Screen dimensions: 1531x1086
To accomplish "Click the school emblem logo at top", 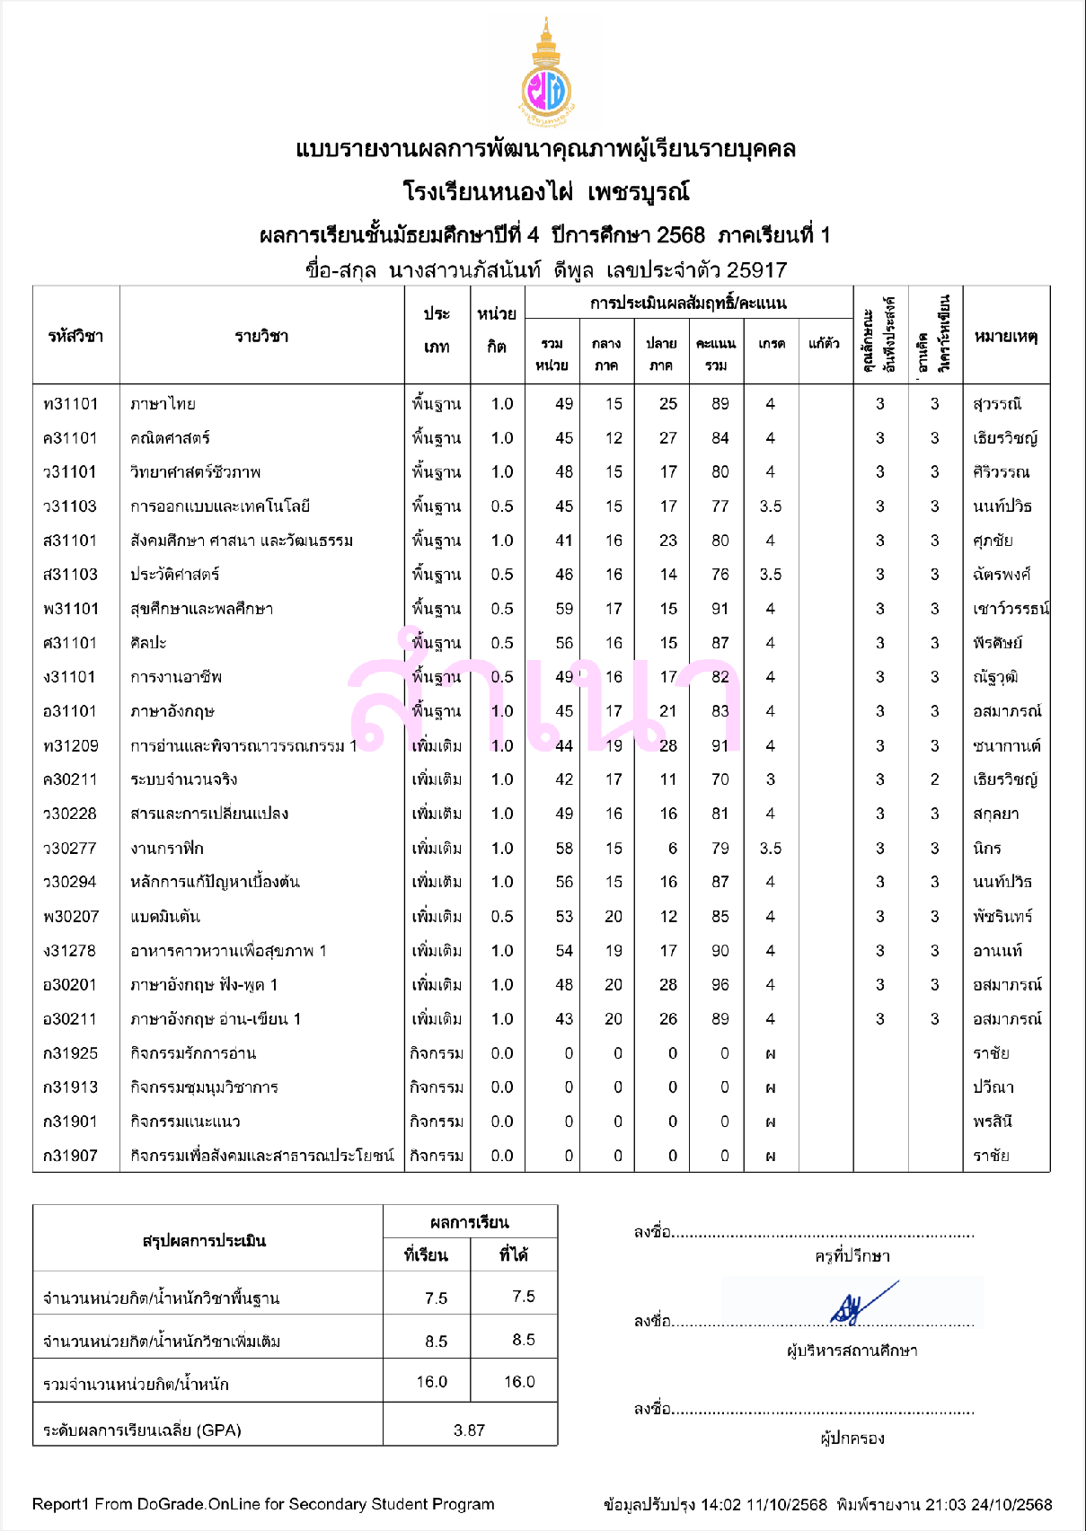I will (545, 76).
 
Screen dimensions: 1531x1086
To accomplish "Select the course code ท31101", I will (70, 404).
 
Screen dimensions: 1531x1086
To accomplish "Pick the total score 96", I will (720, 985).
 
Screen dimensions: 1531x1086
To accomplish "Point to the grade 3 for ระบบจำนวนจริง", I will (770, 779).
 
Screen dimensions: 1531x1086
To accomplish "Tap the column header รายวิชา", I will (261, 337).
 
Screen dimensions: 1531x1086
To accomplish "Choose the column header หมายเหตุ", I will (1006, 337).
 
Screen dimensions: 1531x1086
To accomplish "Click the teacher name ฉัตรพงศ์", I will (1002, 575).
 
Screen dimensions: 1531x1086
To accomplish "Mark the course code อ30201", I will (70, 985).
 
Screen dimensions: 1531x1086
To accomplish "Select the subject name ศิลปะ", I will (148, 643).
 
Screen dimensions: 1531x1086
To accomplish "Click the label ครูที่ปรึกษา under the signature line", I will (852, 1256).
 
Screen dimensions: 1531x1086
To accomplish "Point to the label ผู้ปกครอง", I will (852, 1439).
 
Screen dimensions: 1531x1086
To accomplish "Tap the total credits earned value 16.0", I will (519, 1382).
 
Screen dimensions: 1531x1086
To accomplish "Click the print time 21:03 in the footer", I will (944, 1505).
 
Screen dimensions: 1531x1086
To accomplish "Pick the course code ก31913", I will (70, 1087).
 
